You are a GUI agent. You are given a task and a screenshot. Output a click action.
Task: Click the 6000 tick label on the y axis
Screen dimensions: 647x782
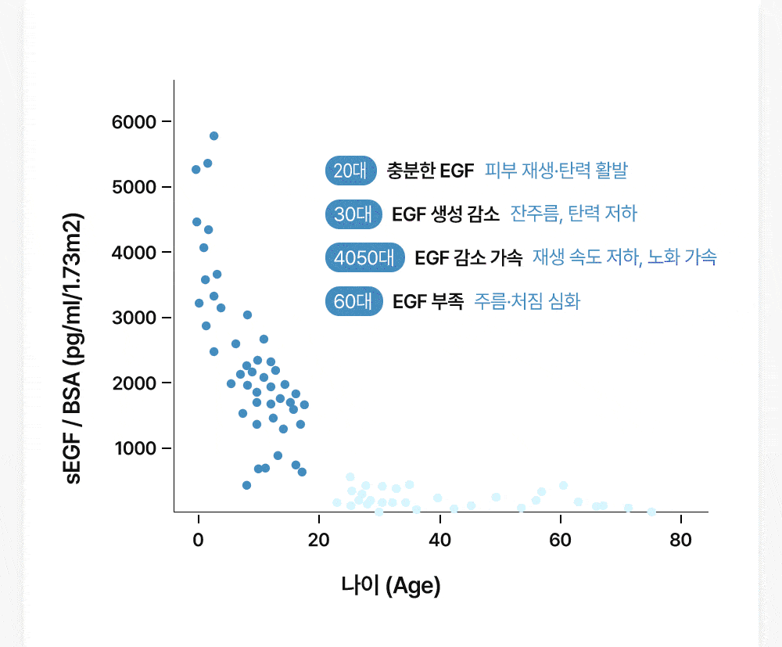135,122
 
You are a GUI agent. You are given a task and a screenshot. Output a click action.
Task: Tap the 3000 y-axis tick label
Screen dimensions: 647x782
135,318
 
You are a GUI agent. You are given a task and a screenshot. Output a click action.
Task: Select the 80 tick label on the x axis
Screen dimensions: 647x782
680,539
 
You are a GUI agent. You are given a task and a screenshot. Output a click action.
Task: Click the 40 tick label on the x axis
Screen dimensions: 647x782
439,539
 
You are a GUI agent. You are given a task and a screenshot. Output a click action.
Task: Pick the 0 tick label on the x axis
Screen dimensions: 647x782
199,539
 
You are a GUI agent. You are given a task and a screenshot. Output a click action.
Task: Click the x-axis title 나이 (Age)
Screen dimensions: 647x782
391,585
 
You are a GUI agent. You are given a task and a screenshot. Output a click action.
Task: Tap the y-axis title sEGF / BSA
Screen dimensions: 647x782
75,349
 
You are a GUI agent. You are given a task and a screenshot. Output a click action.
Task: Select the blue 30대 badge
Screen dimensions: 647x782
353,214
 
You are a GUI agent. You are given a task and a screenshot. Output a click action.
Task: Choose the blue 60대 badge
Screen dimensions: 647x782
353,301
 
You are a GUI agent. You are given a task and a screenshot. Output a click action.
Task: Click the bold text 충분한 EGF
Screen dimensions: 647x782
430,171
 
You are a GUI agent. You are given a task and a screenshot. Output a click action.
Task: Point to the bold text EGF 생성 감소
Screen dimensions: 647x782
446,214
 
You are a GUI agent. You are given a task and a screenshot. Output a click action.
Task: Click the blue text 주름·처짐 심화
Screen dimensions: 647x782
527,301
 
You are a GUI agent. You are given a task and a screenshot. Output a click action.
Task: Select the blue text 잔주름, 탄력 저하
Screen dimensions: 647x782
574,214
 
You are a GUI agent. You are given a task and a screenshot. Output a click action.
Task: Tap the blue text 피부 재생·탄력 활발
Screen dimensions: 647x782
556,171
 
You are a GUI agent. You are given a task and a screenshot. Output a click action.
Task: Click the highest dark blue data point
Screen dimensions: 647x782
213,136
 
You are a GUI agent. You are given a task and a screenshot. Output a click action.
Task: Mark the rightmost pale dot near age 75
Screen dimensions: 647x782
651,512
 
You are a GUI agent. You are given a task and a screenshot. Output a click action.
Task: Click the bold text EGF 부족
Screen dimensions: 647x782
428,301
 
